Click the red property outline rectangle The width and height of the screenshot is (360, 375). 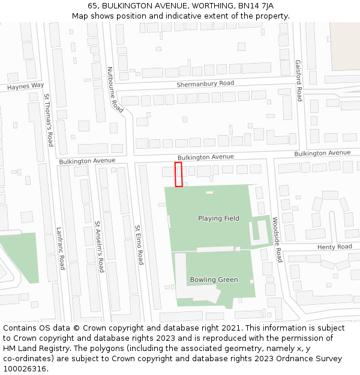pyautogui.click(x=178, y=174)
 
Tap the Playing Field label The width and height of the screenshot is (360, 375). pyautogui.click(x=218, y=218)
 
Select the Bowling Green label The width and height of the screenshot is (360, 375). pyautogui.click(x=214, y=280)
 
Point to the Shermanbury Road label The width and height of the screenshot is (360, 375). pyautogui.click(x=205, y=84)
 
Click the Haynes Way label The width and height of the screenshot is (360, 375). pyautogui.click(x=26, y=86)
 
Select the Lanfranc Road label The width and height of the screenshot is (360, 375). pyautogui.click(x=61, y=247)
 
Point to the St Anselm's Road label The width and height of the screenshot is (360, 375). pyautogui.click(x=99, y=247)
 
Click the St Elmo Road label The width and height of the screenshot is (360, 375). pyautogui.click(x=139, y=245)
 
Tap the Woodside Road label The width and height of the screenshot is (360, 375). pyautogui.click(x=277, y=239)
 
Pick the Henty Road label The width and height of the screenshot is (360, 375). pyautogui.click(x=335, y=247)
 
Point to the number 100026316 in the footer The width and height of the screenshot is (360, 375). pyautogui.click(x=24, y=369)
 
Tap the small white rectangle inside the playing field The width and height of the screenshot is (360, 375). pyautogui.click(x=209, y=193)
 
